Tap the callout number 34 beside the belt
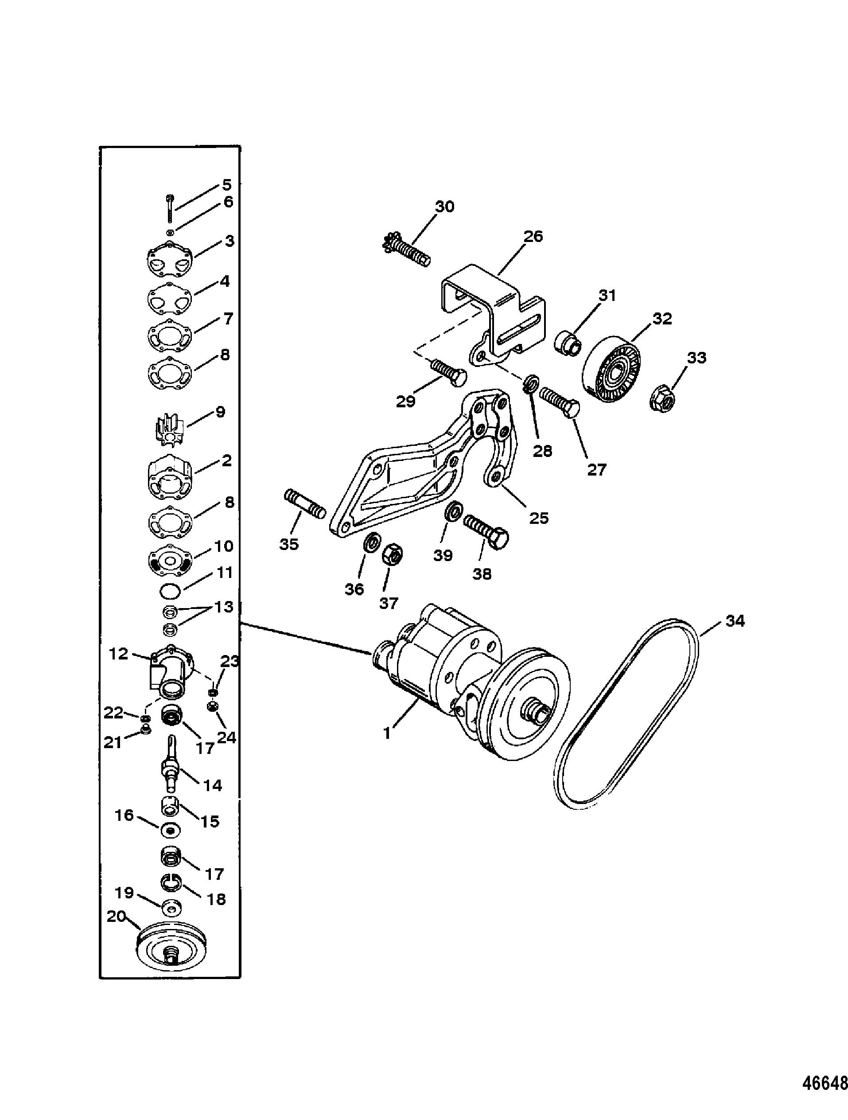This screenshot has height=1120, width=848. tap(735, 621)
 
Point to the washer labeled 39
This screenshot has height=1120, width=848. tap(453, 511)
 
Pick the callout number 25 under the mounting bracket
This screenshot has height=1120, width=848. tap(538, 518)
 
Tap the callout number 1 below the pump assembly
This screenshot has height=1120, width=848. tap(387, 733)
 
